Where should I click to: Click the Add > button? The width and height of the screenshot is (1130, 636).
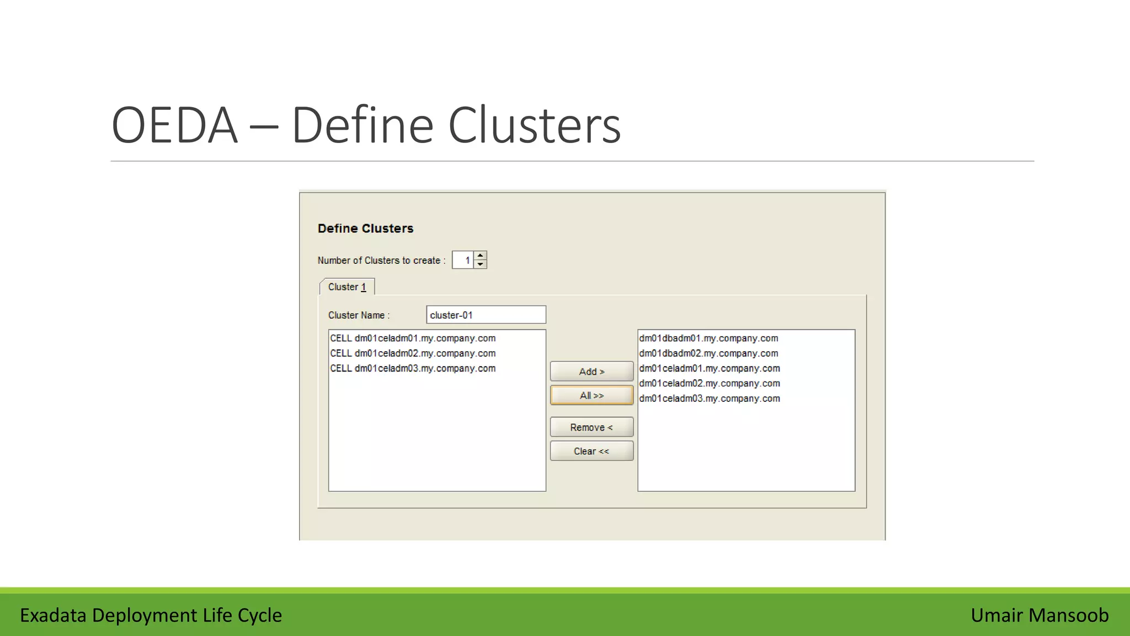coord(591,372)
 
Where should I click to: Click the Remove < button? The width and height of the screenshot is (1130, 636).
coord(591,427)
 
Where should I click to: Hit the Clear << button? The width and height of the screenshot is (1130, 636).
coord(591,451)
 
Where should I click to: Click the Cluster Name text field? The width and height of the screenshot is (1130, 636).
coord(486,315)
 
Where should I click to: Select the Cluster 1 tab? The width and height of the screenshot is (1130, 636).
coord(347,287)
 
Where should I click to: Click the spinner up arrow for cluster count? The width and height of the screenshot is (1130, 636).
coord(481,256)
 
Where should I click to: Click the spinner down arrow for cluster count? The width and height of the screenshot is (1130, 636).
coord(481,264)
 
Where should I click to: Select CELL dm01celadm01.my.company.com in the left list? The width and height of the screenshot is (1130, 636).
coord(413,338)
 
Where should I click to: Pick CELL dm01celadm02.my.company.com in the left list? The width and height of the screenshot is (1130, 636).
coord(413,353)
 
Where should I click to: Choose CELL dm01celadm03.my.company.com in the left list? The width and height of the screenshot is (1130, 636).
coord(413,368)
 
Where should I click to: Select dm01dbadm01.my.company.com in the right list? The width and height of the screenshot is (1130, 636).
coord(708,338)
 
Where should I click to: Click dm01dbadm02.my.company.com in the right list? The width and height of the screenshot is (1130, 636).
coord(708,353)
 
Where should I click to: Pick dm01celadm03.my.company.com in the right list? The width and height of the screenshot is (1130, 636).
coord(710,398)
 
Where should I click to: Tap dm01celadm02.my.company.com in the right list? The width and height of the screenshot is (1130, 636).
coord(710,383)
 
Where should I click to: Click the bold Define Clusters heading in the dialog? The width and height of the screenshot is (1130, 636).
coord(365,229)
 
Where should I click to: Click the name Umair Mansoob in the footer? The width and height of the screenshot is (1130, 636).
coord(1040,615)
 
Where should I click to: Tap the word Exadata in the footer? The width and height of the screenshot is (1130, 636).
coord(53,615)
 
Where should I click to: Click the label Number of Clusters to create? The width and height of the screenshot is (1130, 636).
coord(381,260)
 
